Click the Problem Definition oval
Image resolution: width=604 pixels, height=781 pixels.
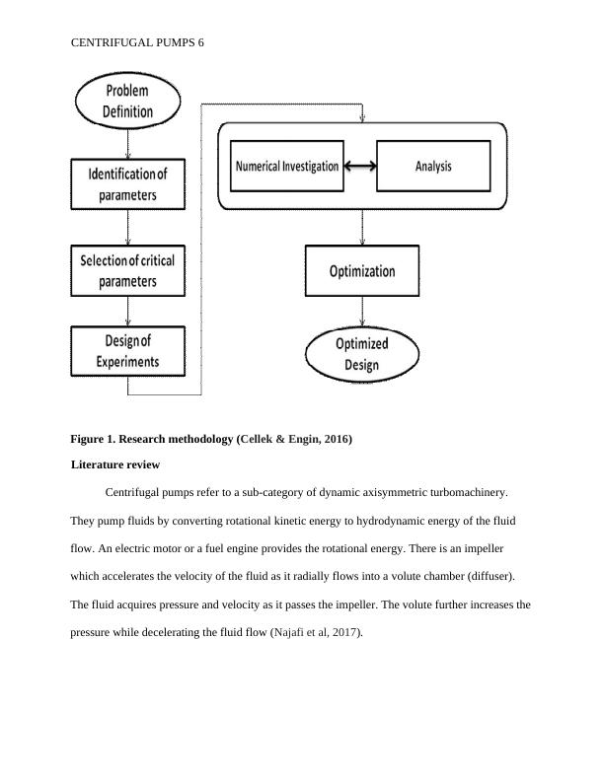tap(128, 102)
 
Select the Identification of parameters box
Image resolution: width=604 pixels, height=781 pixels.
tap(127, 184)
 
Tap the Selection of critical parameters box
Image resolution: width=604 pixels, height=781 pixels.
tap(127, 271)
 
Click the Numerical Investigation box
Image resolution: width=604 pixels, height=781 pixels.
tap(287, 167)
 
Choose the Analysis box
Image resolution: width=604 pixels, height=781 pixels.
tap(433, 167)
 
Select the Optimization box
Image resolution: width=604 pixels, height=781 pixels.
tap(362, 271)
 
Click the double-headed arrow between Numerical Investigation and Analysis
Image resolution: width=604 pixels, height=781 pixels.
tap(360, 167)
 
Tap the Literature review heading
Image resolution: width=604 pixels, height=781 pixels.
tap(115, 463)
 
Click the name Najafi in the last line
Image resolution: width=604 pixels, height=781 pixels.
tap(290, 633)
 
